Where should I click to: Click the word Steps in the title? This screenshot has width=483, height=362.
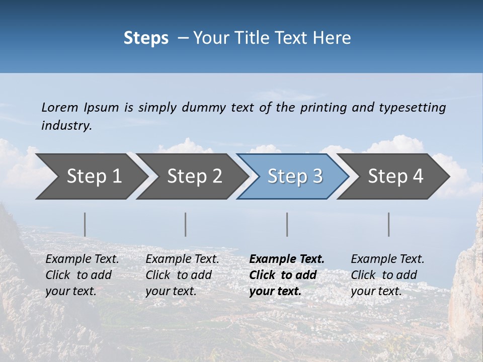pos(146,38)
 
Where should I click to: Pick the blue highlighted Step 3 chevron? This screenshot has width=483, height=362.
pos(292,176)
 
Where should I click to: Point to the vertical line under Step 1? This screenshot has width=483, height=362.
pos(85,224)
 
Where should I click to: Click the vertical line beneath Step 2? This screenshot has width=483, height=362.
pos(186,224)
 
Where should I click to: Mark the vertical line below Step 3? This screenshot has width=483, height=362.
pos(287,224)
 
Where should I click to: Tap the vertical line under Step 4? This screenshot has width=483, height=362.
pos(389,224)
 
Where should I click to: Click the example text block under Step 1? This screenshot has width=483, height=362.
pos(82,275)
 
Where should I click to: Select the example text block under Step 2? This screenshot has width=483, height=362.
pos(182,275)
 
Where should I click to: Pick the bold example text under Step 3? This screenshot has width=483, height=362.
pos(287,275)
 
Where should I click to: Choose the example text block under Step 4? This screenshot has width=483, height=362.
pos(387,275)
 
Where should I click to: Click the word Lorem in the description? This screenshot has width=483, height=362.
pos(60,107)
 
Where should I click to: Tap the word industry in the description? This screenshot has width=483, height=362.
pos(66,126)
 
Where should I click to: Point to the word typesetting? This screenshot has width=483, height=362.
pos(412,107)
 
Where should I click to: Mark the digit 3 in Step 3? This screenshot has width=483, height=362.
pos(317,176)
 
